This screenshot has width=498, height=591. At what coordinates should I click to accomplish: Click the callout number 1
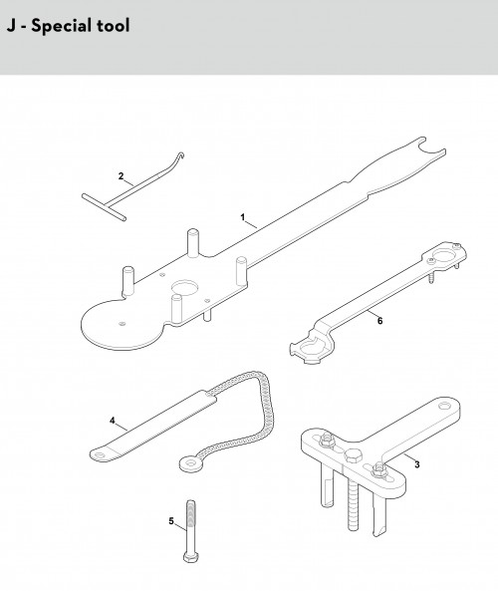tap(243, 217)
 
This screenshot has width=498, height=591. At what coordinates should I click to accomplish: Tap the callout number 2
tap(121, 176)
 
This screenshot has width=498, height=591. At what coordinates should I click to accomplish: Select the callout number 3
tap(417, 464)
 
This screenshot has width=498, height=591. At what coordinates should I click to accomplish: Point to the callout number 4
tap(113, 421)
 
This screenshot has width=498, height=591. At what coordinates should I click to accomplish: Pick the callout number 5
tap(171, 521)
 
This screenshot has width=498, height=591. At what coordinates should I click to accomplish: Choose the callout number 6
tap(380, 321)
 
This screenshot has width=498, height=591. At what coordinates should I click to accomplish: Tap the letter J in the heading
tap(11, 26)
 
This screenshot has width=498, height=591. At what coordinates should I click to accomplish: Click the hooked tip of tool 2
tap(181, 155)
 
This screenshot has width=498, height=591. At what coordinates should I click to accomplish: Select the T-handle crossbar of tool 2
tap(104, 207)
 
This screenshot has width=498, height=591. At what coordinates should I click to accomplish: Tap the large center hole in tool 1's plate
tap(185, 288)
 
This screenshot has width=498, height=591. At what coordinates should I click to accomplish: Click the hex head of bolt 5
tap(191, 557)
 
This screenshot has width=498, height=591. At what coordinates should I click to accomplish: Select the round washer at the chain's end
tap(192, 463)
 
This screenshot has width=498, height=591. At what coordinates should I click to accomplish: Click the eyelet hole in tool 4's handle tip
tap(99, 455)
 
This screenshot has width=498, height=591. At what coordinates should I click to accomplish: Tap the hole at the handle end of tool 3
tap(444, 407)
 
